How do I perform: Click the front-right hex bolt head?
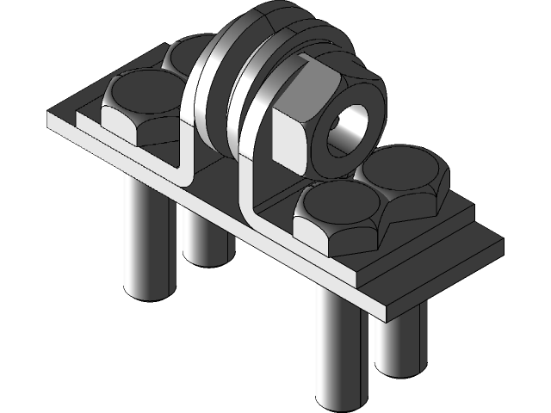pos(336,219)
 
